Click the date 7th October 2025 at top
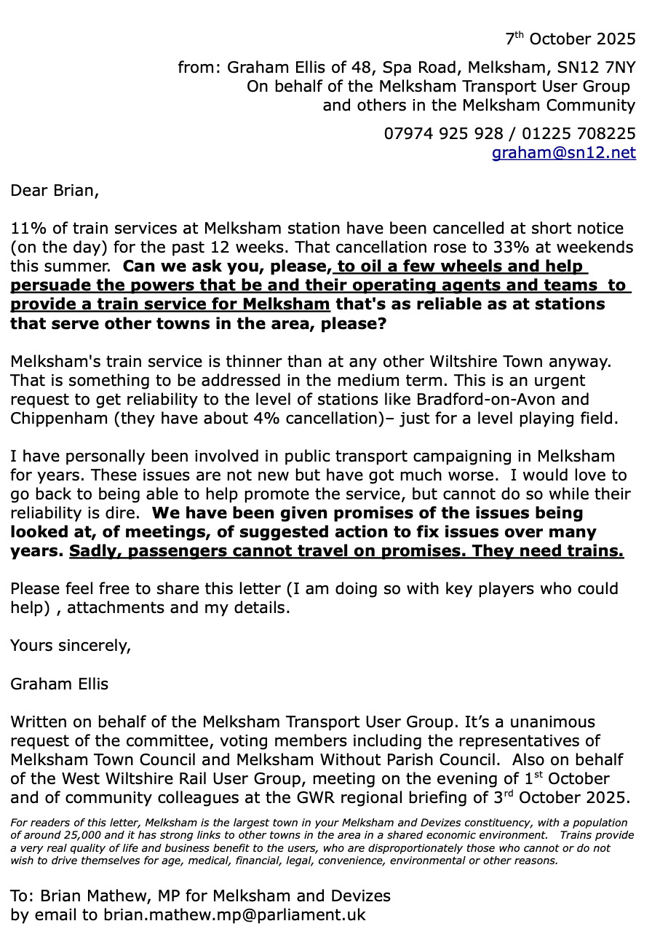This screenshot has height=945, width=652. tap(570, 38)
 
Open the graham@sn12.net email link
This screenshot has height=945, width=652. tap(563, 153)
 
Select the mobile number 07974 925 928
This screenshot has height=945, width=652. tap(443, 134)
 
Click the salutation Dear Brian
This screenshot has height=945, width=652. tap(54, 191)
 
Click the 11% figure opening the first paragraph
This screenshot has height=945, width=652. tap(25, 229)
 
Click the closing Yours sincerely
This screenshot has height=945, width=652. tap(71, 645)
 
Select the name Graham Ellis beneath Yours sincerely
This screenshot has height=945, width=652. tap(59, 684)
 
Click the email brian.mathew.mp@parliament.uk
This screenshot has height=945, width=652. tap(234, 914)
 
